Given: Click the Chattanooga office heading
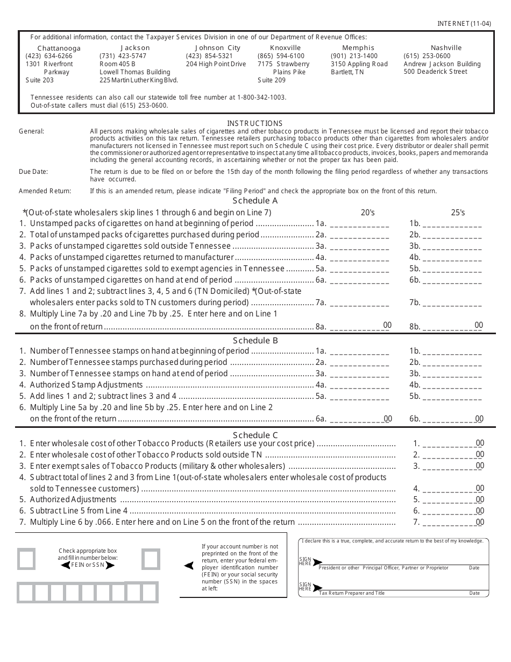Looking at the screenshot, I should click(x=59, y=48).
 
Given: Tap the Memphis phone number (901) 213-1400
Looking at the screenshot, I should click(x=354, y=56).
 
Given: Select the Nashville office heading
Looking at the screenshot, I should click(x=446, y=48).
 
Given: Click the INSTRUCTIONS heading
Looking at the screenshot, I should click(x=254, y=123).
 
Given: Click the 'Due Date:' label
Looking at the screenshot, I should click(x=33, y=172).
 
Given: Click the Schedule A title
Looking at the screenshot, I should click(x=255, y=201).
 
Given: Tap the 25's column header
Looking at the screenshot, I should click(x=458, y=213).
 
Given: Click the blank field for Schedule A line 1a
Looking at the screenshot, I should click(x=359, y=224).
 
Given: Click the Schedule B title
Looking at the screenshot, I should click(x=255, y=340).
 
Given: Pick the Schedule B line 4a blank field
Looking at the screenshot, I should click(x=359, y=385).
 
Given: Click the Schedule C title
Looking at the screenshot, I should click(x=255, y=435).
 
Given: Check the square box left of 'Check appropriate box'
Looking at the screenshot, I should click(x=26, y=559).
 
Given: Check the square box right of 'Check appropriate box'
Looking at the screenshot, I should click(x=151, y=559).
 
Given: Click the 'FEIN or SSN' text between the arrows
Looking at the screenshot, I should click(x=88, y=565).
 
